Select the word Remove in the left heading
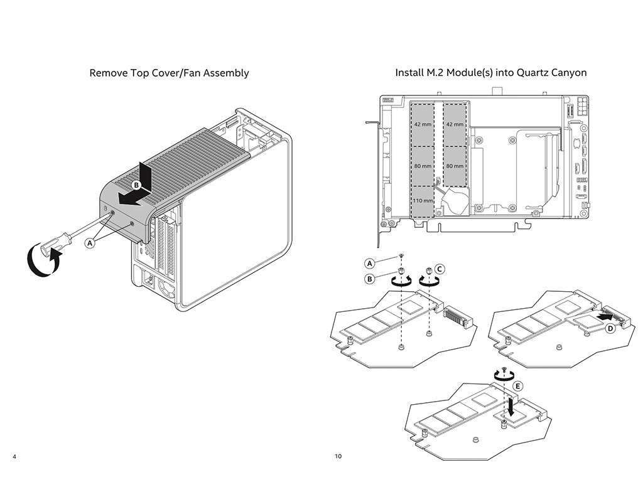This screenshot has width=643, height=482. click(109, 73)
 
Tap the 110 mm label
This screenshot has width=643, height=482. click(423, 200)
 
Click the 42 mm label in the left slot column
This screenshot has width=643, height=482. click(423, 124)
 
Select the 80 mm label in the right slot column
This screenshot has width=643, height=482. click(454, 166)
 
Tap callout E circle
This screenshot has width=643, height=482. click(517, 386)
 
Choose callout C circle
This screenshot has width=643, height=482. click(440, 269)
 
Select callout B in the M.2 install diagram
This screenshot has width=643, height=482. click(370, 278)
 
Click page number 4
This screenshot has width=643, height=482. click(14, 456)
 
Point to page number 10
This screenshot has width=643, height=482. click(338, 456)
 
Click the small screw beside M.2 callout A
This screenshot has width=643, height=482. click(401, 256)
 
